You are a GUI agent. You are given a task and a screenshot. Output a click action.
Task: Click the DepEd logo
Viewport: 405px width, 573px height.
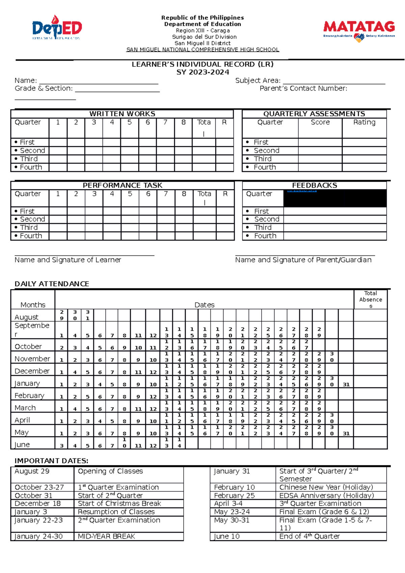(x=57, y=28)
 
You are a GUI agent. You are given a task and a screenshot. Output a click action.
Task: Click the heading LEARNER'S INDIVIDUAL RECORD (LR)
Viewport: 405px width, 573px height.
(x=202, y=64)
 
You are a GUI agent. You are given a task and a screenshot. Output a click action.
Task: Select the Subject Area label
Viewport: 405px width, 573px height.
(x=258, y=81)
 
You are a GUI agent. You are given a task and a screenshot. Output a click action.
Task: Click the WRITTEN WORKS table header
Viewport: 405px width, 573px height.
(x=122, y=114)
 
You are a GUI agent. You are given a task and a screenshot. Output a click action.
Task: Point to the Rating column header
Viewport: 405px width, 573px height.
(x=364, y=122)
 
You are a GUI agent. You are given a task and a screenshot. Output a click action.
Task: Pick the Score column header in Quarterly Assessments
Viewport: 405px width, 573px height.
(x=320, y=122)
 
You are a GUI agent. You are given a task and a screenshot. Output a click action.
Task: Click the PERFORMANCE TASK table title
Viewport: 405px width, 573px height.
(x=123, y=185)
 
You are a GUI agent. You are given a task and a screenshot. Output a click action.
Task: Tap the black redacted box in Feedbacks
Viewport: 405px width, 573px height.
(x=335, y=198)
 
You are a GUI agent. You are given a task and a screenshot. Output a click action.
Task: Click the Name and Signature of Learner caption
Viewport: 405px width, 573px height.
(x=67, y=260)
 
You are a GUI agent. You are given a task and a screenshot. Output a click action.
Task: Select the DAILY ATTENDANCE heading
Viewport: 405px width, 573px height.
(x=52, y=284)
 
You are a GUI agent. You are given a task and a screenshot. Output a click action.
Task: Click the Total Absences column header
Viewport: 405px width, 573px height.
(x=371, y=299)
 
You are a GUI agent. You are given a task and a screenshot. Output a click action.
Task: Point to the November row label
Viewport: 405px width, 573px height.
(x=32, y=359)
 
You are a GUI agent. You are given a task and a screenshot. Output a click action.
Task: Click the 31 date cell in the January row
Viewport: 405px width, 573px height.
(x=346, y=384)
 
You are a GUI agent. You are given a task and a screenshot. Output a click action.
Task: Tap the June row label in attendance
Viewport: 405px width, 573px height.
(x=22, y=444)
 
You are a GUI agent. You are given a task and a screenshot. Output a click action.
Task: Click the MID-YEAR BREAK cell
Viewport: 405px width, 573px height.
(x=106, y=536)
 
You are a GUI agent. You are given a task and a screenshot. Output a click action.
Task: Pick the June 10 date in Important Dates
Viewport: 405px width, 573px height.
(x=227, y=536)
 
